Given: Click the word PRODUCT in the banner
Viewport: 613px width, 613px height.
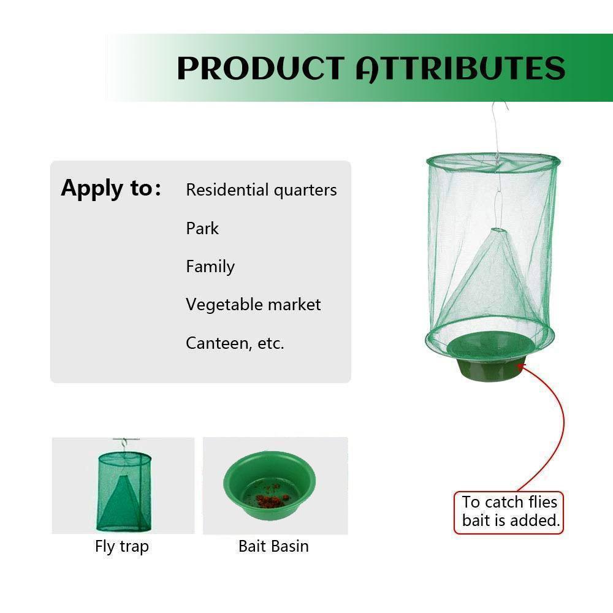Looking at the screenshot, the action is pyautogui.click(x=261, y=69).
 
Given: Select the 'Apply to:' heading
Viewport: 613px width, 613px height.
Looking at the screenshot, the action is pyautogui.click(x=111, y=188).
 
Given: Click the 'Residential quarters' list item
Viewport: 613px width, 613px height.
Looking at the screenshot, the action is pyautogui.click(x=261, y=190).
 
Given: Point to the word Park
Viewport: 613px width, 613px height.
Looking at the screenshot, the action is pyautogui.click(x=202, y=228).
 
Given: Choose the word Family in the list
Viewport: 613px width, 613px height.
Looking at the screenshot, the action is pyautogui.click(x=210, y=267).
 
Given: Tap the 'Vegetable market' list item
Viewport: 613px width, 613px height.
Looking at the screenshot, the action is pyautogui.click(x=253, y=305).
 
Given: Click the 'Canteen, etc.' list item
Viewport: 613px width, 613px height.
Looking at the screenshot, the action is pyautogui.click(x=235, y=343).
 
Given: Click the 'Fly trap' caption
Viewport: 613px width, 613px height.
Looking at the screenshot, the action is pyautogui.click(x=122, y=547).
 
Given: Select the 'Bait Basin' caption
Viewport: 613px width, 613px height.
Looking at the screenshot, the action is pyautogui.click(x=273, y=546).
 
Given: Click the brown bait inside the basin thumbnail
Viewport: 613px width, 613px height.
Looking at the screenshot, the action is pyautogui.click(x=270, y=496).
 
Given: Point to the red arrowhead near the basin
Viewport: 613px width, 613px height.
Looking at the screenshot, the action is pyautogui.click(x=521, y=367).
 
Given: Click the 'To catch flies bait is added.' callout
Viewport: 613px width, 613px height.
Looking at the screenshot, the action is pyautogui.click(x=509, y=512).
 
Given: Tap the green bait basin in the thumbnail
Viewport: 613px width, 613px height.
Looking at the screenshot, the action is pyautogui.click(x=270, y=485).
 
